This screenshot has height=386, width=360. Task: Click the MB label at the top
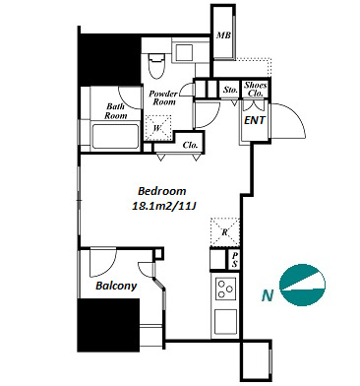coord(224,35)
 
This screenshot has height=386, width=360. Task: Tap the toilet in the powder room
coord(156,66)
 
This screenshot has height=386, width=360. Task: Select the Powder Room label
coord(163,97)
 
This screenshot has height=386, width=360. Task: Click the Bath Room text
coord(116,111)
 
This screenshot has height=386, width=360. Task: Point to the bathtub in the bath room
coord(115,136)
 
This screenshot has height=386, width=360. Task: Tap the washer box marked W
coord(158,128)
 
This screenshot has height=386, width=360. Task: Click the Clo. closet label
coord(190,145)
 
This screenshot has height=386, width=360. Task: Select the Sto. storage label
coord(230,90)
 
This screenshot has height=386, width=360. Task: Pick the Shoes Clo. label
coord(256,89)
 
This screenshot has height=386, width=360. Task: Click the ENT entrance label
coord(255,120)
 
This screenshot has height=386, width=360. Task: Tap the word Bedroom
coord(162,191)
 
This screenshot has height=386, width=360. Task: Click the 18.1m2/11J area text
coord(163,206)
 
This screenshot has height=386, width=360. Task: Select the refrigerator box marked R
coord(225,232)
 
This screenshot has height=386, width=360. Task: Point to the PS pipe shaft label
coord(235,259)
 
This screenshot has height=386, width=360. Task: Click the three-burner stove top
coord(225,289)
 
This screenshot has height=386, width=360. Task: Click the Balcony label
coord(116,286)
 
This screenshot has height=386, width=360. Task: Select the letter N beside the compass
coord(268,296)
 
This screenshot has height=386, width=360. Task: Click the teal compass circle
coord(302,285)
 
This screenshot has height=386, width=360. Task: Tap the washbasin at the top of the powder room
coord(184,51)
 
